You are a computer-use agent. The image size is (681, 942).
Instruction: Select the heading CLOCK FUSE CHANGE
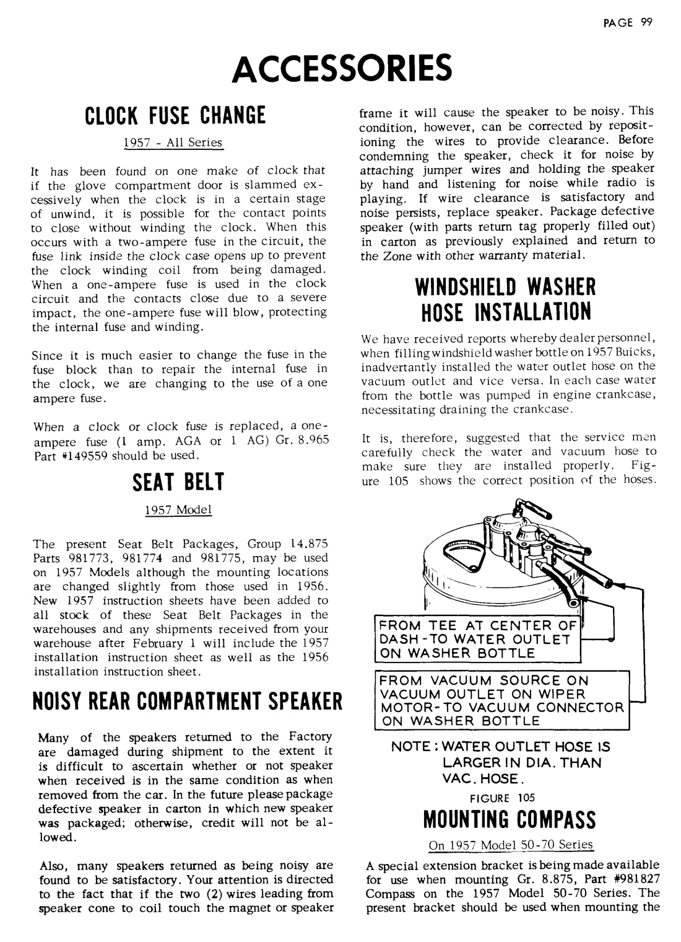174,116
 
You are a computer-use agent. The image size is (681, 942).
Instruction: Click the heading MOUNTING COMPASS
510,819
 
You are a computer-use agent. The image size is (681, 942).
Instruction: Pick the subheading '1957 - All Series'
173,143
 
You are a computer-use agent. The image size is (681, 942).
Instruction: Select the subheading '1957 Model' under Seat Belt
178,509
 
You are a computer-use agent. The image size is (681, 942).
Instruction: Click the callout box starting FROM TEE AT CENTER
478,639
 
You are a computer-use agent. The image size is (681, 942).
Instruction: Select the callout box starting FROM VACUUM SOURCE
501,700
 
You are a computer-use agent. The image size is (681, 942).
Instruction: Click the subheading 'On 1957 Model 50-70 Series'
510,845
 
